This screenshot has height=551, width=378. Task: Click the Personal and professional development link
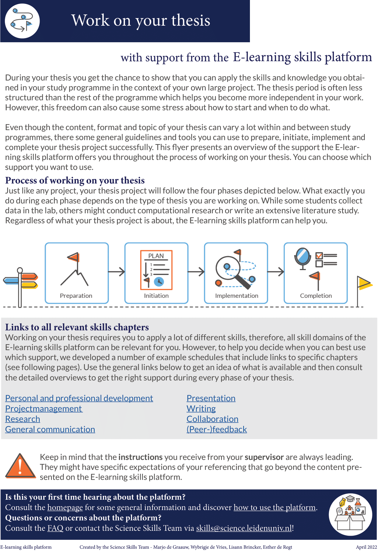[x=79, y=398]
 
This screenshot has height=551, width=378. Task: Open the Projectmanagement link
[x=44, y=409]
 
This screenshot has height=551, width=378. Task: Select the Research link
[x=23, y=419]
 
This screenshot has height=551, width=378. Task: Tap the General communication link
[x=50, y=429]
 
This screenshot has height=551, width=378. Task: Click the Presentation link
[x=211, y=398]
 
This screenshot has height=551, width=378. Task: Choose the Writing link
[x=201, y=409]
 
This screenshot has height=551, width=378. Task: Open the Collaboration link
[x=212, y=419]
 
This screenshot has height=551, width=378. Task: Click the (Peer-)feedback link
[x=217, y=429]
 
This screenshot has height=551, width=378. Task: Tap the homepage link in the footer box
[x=65, y=507]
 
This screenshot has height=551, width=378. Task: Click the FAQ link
[x=55, y=528]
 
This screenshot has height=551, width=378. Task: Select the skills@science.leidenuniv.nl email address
[x=244, y=528]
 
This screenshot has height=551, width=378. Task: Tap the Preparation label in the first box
[x=76, y=296]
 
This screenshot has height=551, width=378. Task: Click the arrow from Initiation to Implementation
[x=196, y=272]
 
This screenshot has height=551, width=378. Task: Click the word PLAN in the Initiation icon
[x=156, y=256]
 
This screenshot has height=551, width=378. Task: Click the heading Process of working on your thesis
[x=75, y=180]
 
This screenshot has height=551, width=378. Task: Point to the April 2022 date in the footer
[x=366, y=547]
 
